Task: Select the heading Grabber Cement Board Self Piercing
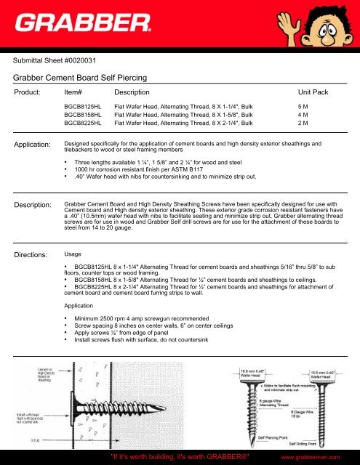[92, 75]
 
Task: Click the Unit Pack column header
[315, 93]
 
